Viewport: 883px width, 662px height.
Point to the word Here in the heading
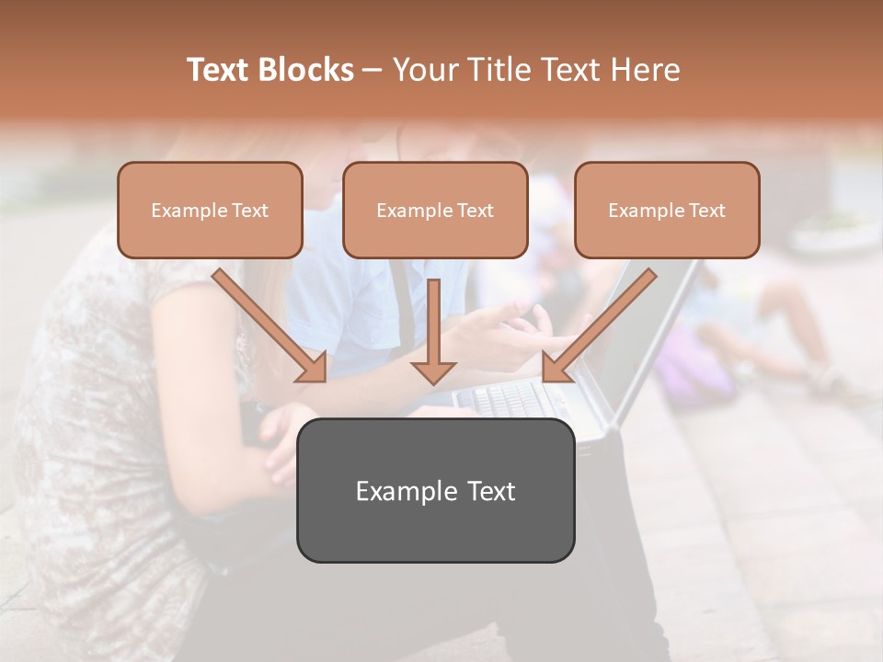(x=643, y=70)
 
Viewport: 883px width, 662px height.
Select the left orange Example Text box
(x=210, y=210)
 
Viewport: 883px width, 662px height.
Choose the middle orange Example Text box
(x=435, y=210)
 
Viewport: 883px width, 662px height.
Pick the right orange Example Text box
(x=667, y=210)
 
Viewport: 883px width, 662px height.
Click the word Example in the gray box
(x=407, y=491)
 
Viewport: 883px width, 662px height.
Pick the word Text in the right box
(x=706, y=211)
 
